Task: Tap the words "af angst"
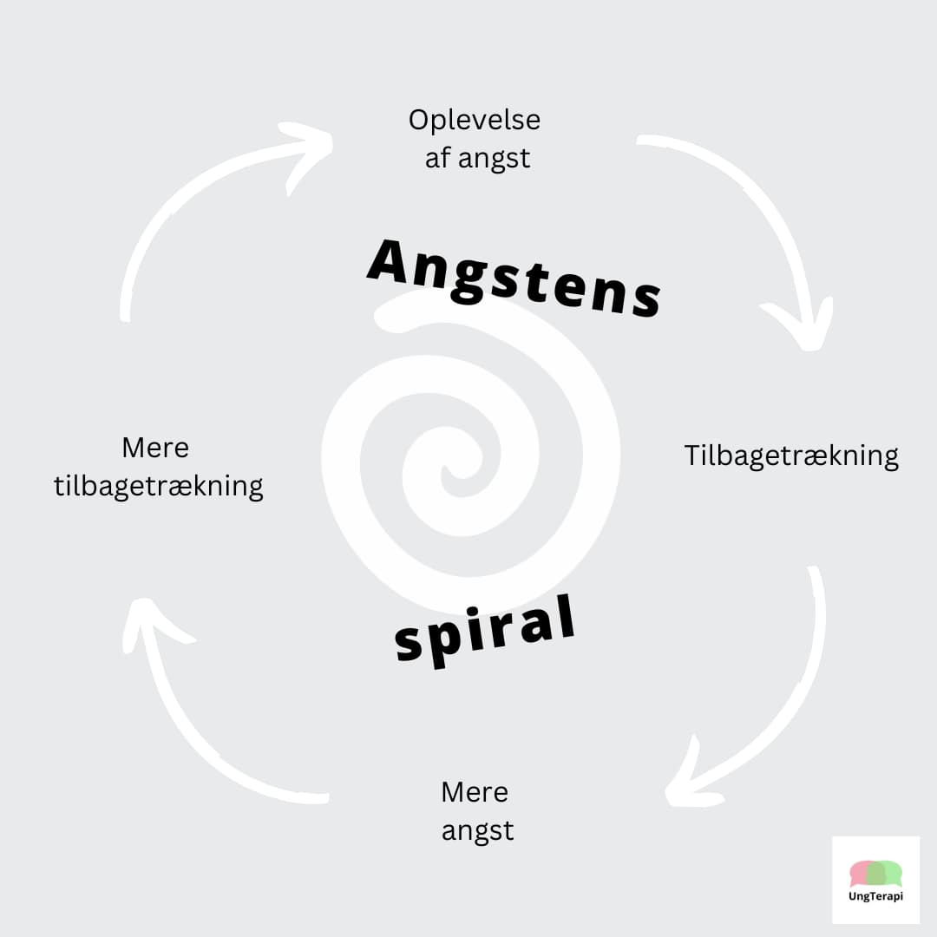point(477,159)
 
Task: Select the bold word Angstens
point(514,278)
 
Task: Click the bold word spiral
point(485,631)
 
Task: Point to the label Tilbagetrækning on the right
point(791,456)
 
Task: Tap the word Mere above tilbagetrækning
point(155,448)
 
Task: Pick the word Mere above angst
point(475,792)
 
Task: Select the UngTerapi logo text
point(875,895)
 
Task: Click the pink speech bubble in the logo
point(864,874)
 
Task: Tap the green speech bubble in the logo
point(886,874)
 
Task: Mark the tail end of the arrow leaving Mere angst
point(325,798)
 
